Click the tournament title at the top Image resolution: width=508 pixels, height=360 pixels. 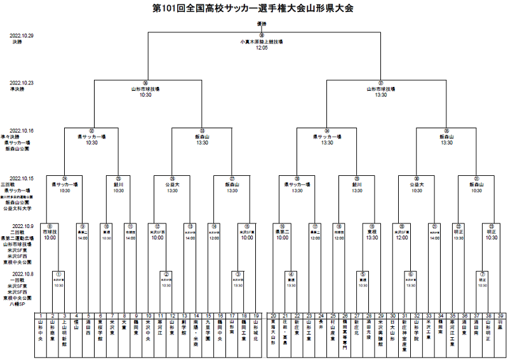point(253,8)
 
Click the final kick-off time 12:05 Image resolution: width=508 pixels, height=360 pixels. point(261,47)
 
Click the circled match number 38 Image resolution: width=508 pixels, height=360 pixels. point(261,36)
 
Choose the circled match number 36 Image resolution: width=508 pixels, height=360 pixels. point(145,83)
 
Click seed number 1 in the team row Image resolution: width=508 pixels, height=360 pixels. point(41,316)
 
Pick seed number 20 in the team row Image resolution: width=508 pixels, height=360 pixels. point(272,316)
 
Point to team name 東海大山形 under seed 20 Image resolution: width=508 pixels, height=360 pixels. point(272,334)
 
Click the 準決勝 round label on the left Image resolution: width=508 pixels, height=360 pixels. point(16,89)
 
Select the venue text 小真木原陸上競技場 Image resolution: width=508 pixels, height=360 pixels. point(261,41)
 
